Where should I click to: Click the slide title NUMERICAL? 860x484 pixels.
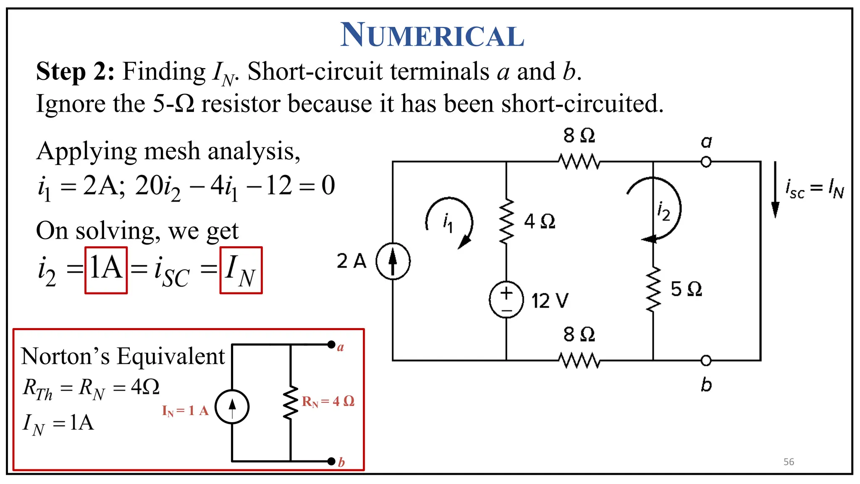pos(432,35)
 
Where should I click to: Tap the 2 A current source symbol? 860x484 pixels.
pos(393,261)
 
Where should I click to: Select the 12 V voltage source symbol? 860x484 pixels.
pos(506,300)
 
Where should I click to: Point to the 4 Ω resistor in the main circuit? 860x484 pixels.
pos(506,221)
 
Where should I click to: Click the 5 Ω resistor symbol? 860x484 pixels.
pos(653,289)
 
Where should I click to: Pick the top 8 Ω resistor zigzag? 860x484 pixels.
pos(579,162)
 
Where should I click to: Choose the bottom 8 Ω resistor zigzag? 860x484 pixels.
pos(579,360)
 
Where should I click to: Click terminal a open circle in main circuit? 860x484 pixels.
pos(706,162)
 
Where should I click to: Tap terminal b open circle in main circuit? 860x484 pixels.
pos(706,360)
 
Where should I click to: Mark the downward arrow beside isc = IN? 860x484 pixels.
pos(775,190)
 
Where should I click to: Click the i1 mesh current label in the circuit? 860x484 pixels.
pos(448,222)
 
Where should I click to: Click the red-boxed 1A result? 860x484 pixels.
pos(106,269)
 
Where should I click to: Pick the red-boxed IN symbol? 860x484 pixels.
pos(241,270)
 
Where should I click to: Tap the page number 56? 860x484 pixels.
pos(789,462)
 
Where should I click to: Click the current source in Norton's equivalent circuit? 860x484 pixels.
pos(232,407)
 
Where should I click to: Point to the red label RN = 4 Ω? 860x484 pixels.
pos(328,402)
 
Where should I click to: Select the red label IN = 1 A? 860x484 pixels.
pos(185,410)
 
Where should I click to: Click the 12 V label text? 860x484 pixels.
pos(550,301)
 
